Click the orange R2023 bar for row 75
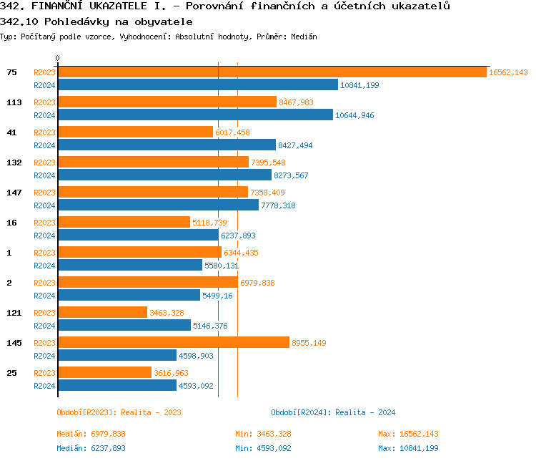tap(272, 72)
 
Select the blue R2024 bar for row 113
tap(195, 115)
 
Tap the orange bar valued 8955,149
tap(174, 343)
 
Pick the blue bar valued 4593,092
tap(117, 386)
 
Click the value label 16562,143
tap(508, 72)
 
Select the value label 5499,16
tap(217, 296)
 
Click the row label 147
tap(14, 193)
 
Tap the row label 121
tap(14, 313)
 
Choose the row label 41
tap(11, 132)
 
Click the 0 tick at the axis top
tap(58, 58)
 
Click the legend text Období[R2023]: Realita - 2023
tap(119, 412)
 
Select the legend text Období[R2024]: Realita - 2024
tap(333, 412)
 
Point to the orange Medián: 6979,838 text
tap(91, 434)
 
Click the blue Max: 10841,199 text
tap(408, 448)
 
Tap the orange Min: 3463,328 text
tap(263, 434)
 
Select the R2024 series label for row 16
tap(44, 236)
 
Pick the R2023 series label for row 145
tap(44, 343)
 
